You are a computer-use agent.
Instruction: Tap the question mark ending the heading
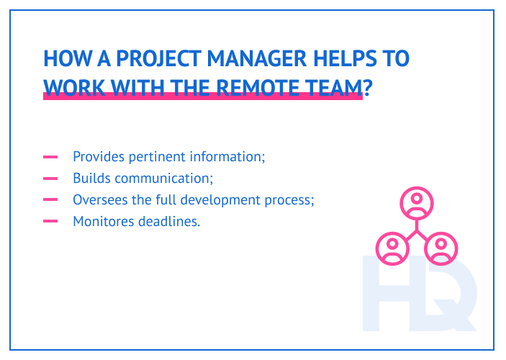point(367,87)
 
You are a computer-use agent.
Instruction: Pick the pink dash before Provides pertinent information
point(50,156)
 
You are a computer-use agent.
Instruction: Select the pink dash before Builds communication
point(50,178)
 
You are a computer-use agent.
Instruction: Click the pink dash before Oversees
point(50,199)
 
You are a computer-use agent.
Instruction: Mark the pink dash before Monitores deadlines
point(50,221)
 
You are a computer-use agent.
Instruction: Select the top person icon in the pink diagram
point(416,203)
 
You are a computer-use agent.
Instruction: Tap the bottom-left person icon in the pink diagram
point(392,248)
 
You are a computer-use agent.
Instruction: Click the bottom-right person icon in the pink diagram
point(440,248)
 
